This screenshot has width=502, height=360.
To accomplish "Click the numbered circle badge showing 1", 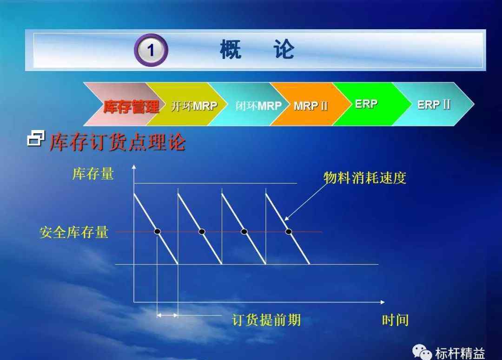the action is (x=151, y=50).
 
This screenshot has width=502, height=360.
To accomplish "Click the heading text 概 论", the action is (x=257, y=50).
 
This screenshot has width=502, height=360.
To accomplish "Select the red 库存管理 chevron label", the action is (x=131, y=106).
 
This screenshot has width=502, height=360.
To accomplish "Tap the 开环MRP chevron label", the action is (x=194, y=105).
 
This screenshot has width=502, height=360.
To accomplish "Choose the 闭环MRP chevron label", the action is (x=258, y=105).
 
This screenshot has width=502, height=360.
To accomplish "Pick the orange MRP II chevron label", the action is (x=310, y=105).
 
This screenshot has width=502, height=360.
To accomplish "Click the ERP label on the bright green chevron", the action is (x=366, y=104).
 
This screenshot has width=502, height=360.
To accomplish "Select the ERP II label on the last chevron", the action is (x=434, y=105).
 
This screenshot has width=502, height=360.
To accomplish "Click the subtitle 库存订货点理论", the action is (x=118, y=142).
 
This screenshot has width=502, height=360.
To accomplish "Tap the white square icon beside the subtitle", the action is (x=35, y=138).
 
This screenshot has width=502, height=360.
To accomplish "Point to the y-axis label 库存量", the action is (x=93, y=174).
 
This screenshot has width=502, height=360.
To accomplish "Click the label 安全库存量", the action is (x=73, y=232).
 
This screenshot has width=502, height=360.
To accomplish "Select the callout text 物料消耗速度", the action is (x=365, y=178).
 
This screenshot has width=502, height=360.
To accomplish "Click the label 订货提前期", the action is (x=266, y=320).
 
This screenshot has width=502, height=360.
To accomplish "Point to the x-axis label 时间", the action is (x=396, y=320).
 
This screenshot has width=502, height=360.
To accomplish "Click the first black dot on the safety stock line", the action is (x=157, y=231).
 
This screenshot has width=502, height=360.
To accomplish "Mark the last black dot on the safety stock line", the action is (x=289, y=231).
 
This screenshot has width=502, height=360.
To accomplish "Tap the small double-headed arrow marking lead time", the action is (x=167, y=315).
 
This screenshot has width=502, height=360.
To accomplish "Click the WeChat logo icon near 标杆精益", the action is (x=422, y=352).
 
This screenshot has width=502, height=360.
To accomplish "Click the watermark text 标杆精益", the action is (x=460, y=353).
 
